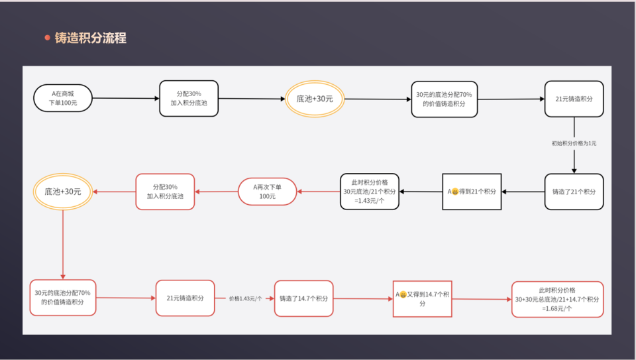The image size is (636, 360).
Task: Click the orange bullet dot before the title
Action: tap(48, 38)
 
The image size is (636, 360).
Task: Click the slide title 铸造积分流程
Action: tap(91, 38)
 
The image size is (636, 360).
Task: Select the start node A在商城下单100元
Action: tap(63, 98)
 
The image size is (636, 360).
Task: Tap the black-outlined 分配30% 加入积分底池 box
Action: tap(189, 99)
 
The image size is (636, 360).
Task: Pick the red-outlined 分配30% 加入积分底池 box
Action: tap(165, 192)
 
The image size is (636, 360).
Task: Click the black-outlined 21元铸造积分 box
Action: tap(574, 99)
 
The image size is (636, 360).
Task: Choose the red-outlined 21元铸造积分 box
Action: tap(185, 298)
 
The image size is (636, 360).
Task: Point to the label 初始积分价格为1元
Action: tap(574, 143)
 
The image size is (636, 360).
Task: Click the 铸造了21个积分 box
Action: tap(574, 192)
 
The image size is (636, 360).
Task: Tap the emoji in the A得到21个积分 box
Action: tap(455, 192)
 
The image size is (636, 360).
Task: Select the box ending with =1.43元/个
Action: tap(370, 192)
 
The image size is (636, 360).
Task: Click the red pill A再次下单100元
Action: tap(267, 192)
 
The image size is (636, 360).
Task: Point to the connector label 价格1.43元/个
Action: tap(245, 299)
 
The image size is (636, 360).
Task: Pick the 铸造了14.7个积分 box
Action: tap(304, 298)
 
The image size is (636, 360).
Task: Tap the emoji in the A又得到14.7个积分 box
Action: tap(403, 294)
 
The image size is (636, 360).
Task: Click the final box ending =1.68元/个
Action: tap(557, 299)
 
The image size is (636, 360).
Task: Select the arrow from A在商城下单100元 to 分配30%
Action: tap(126, 98)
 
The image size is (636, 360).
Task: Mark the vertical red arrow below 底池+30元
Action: tap(63, 245)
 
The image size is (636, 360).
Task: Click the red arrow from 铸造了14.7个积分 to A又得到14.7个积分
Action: tap(363, 299)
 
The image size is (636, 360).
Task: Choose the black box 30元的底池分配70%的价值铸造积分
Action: tap(444, 99)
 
